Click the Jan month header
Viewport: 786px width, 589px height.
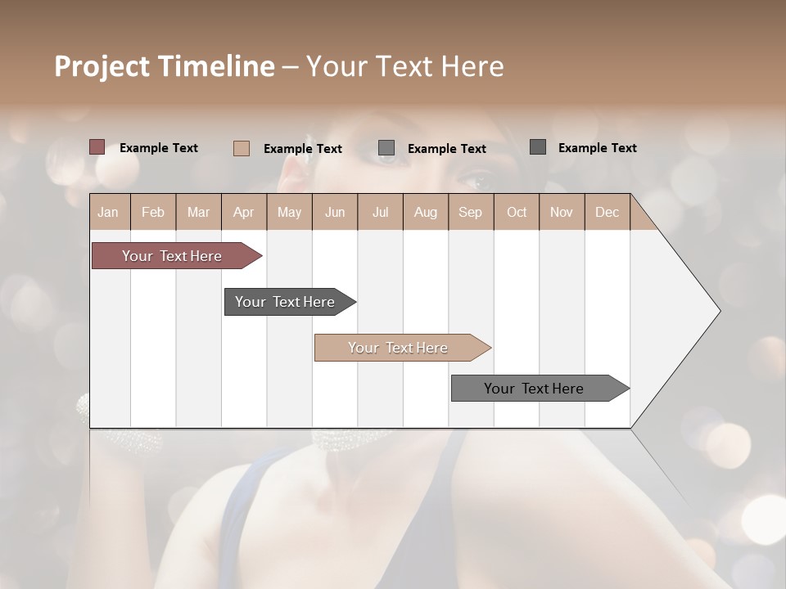pos(108,212)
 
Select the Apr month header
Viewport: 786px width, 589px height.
pos(243,212)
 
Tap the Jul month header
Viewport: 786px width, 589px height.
pos(380,212)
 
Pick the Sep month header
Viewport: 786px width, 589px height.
pos(470,212)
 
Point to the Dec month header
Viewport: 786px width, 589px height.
pos(607,212)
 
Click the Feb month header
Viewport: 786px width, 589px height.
pos(153,212)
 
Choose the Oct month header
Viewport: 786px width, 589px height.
pos(516,212)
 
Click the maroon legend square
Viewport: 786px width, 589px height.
pos(97,147)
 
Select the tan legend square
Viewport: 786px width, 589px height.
pos(241,148)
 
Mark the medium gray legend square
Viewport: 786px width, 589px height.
pos(386,148)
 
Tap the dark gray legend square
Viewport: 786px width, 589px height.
pos(537,147)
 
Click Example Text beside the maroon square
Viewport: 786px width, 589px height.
pos(159,148)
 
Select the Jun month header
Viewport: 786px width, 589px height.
pos(334,212)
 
